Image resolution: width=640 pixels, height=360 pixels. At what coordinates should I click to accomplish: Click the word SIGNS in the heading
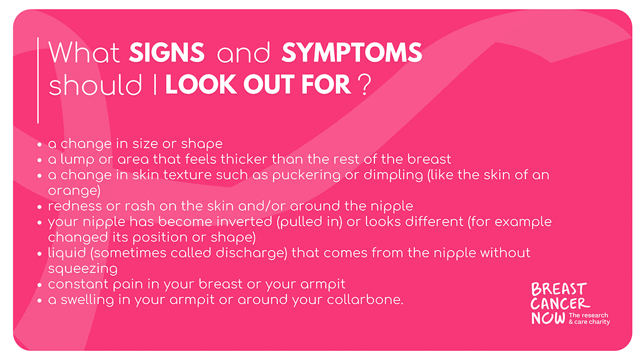click(x=166, y=52)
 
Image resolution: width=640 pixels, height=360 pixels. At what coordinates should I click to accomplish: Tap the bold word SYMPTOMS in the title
click(x=351, y=52)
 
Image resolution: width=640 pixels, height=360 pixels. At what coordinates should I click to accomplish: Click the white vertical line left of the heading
click(x=38, y=81)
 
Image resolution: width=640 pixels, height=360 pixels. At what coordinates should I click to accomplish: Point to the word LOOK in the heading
click(x=201, y=84)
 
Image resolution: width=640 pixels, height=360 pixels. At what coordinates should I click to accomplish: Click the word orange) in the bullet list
click(x=74, y=190)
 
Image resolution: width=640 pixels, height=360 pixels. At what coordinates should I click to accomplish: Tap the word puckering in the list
click(x=306, y=175)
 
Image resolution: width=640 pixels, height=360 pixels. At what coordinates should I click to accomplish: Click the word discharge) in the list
click(x=251, y=253)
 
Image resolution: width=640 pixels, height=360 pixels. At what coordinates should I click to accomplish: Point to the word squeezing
click(x=83, y=269)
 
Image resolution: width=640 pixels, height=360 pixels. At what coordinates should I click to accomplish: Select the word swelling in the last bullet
click(x=87, y=300)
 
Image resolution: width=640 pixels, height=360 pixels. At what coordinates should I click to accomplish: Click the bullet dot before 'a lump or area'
click(x=39, y=160)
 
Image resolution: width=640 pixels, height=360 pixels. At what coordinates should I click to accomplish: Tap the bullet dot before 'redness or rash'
click(x=39, y=207)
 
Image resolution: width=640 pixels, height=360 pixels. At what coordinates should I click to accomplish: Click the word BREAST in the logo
click(x=559, y=289)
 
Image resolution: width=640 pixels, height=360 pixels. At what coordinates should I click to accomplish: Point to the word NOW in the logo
click(x=548, y=318)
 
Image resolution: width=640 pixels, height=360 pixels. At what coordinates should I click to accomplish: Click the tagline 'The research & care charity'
click(x=589, y=318)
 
